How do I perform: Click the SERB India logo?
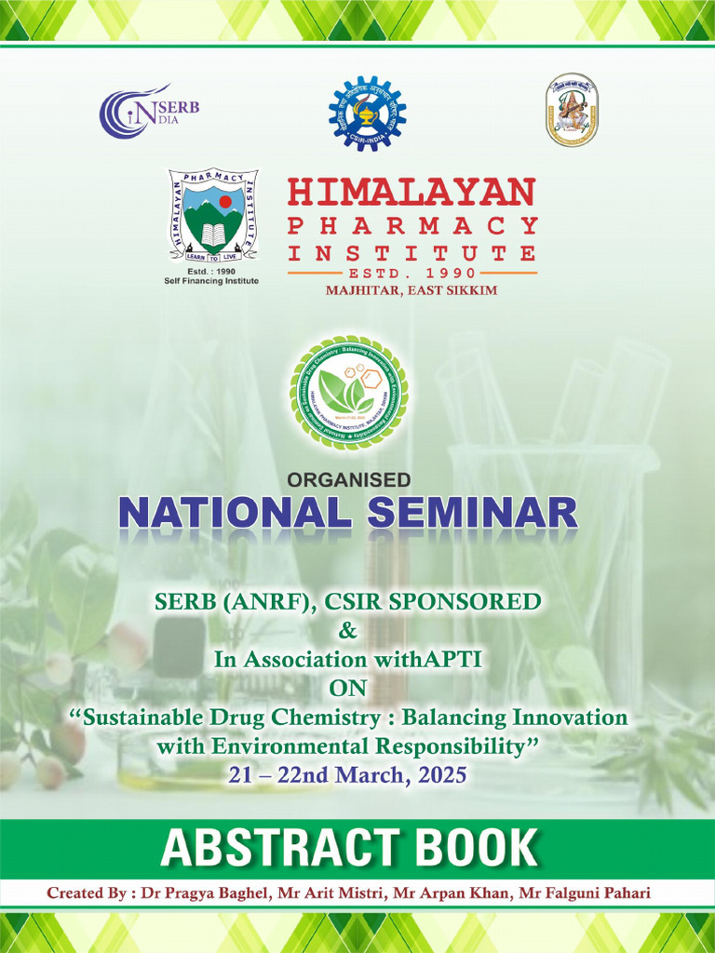[x=149, y=113]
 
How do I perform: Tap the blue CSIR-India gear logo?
[x=368, y=114]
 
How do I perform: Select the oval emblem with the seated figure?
[x=572, y=110]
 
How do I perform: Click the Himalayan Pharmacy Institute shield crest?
[x=213, y=215]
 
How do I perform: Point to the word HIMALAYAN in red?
[x=411, y=193]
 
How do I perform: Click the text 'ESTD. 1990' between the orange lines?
[x=412, y=273]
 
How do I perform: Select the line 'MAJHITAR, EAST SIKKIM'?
[x=411, y=290]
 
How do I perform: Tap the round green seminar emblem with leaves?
[x=349, y=393]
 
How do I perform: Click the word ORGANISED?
[x=349, y=480]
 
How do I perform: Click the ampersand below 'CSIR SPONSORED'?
[x=348, y=631]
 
